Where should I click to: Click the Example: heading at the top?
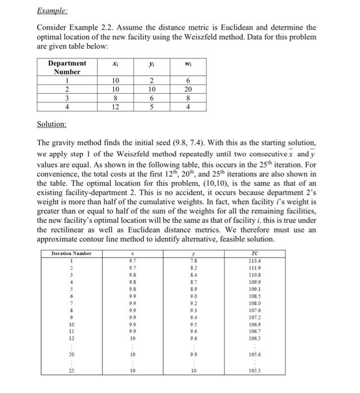click(52, 10)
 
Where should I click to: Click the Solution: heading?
click(52, 123)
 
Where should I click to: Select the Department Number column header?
click(67, 67)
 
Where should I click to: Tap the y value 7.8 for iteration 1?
click(194, 261)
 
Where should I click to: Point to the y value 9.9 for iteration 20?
click(194, 354)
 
